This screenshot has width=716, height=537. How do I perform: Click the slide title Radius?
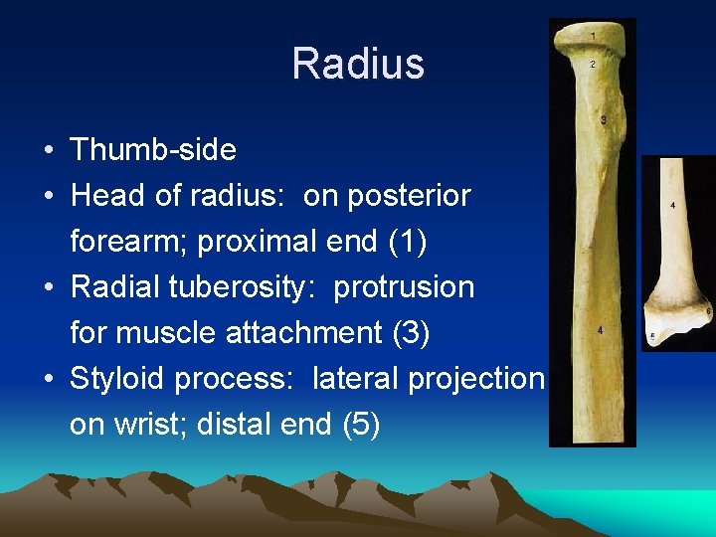tap(358, 65)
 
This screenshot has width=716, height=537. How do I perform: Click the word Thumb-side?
tap(153, 150)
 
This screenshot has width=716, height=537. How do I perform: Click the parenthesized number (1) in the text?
tap(412, 242)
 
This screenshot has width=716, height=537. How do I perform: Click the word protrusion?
tap(404, 287)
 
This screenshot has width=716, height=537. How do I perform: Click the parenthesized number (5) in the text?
tap(360, 425)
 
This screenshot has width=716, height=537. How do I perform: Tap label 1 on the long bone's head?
tap(593, 37)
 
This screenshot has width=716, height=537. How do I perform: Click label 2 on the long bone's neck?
tap(593, 65)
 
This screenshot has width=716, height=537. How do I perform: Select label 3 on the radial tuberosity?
tap(605, 120)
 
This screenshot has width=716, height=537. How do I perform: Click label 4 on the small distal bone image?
tap(673, 205)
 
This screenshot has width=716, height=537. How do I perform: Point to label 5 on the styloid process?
tap(651, 337)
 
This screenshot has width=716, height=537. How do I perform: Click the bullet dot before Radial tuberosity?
tap(48, 287)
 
